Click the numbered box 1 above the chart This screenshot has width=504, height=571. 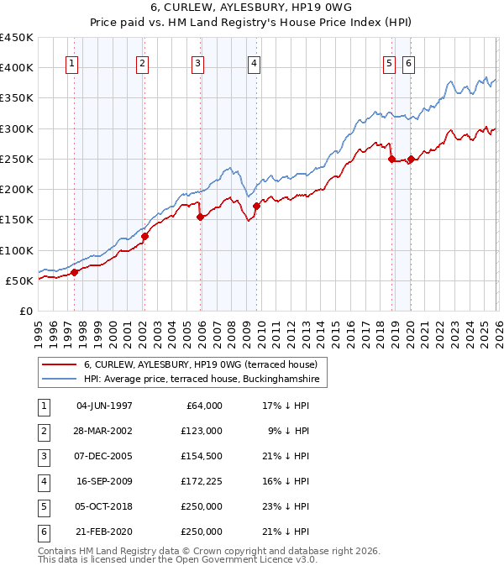coord(71,63)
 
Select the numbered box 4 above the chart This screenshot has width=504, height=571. coord(254,63)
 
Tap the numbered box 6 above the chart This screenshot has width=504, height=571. coord(408,63)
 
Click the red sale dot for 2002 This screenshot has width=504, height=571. coord(144,236)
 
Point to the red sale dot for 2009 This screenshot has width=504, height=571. coord(256,206)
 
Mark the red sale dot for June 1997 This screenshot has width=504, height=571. coord(74,272)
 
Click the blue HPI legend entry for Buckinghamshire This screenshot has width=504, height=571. coord(202,380)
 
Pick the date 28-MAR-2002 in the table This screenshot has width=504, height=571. coord(104,431)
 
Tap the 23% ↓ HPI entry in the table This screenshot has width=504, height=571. coord(285,506)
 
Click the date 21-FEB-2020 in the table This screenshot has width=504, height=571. coord(104,532)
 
